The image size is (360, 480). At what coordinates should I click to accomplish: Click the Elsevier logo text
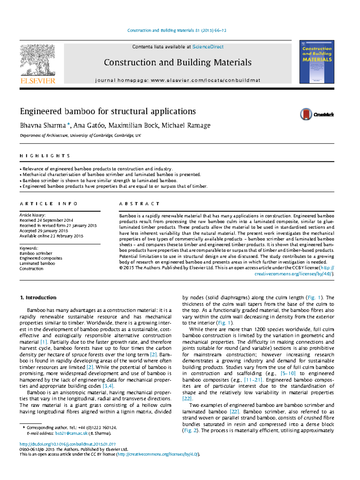click(x=38, y=81)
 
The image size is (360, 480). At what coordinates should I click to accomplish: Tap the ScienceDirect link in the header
click(x=208, y=47)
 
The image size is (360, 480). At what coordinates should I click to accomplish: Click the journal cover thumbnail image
click(x=316, y=62)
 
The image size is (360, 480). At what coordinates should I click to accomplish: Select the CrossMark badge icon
click(x=306, y=114)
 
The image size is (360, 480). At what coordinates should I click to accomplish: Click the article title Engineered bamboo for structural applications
click(x=108, y=111)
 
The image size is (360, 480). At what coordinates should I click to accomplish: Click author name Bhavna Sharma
click(x=43, y=125)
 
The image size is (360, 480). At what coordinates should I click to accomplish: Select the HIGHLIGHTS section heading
click(x=45, y=156)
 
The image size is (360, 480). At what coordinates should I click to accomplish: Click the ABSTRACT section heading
click(x=139, y=204)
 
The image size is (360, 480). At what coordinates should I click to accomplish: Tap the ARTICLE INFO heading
click(x=48, y=204)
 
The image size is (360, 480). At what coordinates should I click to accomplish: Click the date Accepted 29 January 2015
click(x=44, y=231)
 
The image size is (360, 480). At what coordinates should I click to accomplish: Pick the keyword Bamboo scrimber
click(x=36, y=253)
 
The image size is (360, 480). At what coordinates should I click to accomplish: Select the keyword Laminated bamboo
click(x=37, y=264)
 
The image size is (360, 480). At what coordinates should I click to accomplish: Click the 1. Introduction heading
click(x=38, y=297)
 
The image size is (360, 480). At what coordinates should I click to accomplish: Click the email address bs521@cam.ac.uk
click(x=71, y=433)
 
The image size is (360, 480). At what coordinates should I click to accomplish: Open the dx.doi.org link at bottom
click(x=67, y=444)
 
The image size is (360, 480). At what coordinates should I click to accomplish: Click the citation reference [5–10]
click(x=288, y=373)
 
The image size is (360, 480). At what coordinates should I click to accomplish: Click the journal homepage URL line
click(x=178, y=80)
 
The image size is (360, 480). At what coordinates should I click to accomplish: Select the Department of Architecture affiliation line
click(x=80, y=135)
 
